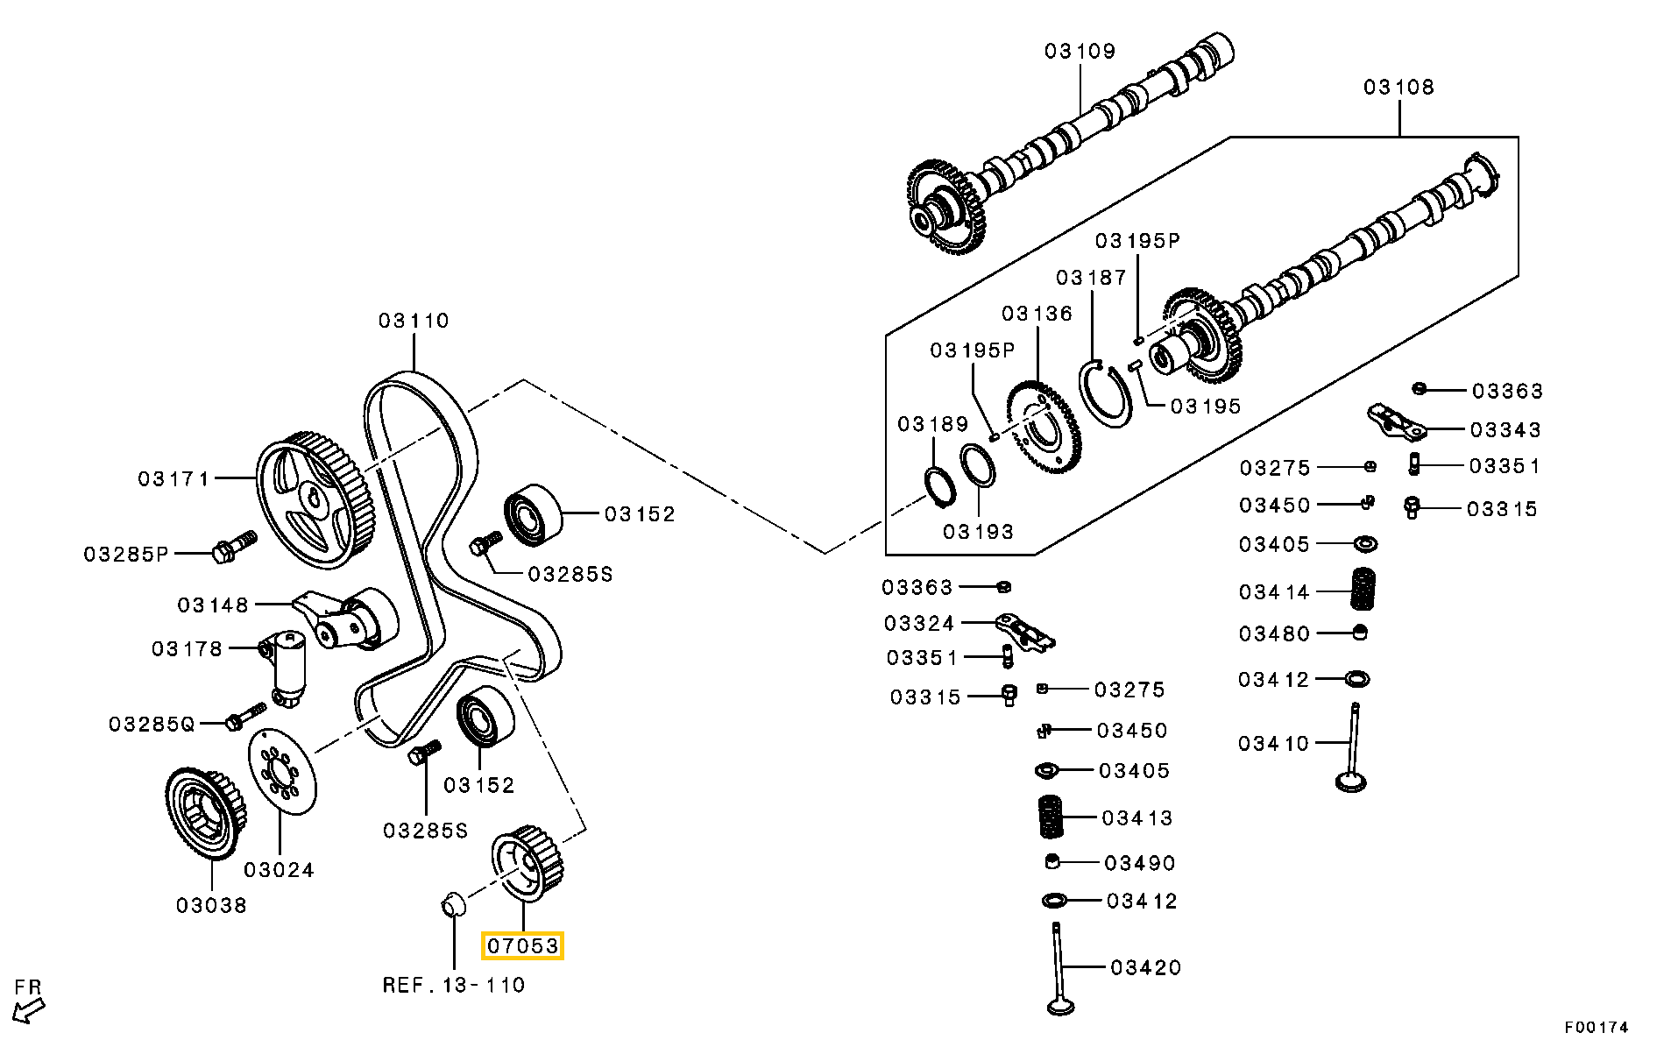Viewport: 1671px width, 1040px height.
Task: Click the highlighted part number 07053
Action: [x=522, y=946]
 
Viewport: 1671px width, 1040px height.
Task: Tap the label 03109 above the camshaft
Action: [x=1080, y=52]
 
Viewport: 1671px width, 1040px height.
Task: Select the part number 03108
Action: [x=1398, y=88]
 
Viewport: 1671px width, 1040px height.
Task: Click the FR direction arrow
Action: [x=30, y=1008]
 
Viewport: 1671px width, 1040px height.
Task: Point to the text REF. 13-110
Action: [x=454, y=985]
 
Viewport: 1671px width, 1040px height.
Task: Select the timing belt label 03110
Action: [x=414, y=322]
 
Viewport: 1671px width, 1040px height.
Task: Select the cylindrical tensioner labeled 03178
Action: [x=287, y=667]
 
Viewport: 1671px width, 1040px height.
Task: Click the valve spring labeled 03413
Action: [x=1049, y=818]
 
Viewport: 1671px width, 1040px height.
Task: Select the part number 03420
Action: [x=1145, y=968]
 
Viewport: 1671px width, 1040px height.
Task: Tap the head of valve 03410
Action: [x=1351, y=779]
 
